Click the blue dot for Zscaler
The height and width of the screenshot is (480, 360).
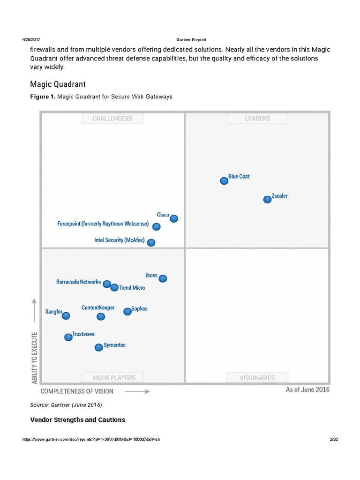click(267, 199)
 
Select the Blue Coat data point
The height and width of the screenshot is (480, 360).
click(224, 181)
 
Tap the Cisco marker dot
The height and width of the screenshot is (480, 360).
click(174, 218)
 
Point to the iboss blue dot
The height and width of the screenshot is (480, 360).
click(163, 278)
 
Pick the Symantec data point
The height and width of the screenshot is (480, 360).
click(98, 347)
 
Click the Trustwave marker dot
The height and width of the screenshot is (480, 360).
click(68, 337)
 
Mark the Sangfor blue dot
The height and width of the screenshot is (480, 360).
click(66, 315)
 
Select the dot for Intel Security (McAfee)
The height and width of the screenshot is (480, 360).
click(151, 242)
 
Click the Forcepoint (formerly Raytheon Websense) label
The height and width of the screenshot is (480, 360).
click(103, 224)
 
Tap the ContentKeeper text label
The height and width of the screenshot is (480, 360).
click(98, 308)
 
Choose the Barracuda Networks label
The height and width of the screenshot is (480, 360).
click(78, 282)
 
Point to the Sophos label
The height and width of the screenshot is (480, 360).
click(139, 308)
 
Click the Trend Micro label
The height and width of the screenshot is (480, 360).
click(132, 288)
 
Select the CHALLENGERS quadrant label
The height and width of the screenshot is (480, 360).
click(112, 119)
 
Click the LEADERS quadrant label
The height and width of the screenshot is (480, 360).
click(257, 119)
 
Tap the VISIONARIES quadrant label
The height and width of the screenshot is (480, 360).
click(257, 377)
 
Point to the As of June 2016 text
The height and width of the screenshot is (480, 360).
click(307, 390)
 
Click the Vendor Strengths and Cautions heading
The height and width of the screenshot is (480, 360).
click(78, 420)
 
